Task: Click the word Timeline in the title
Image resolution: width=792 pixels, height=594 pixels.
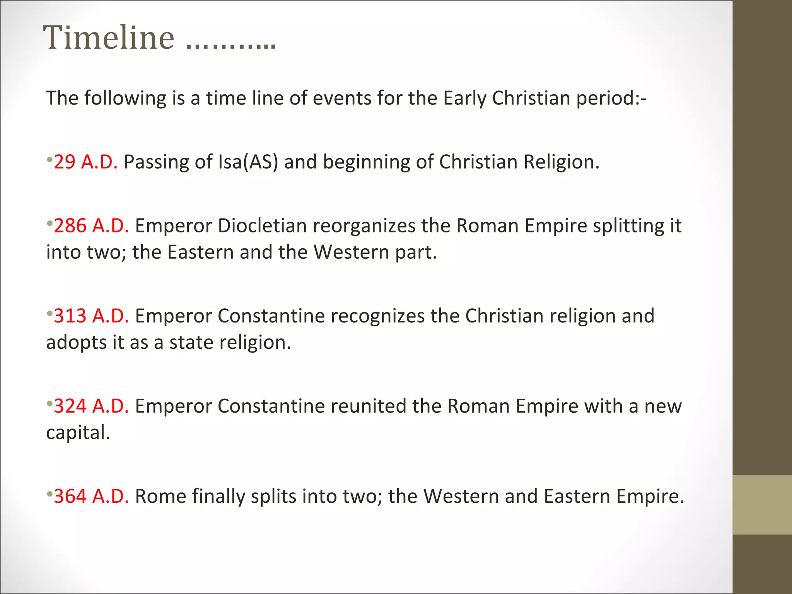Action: [109, 38]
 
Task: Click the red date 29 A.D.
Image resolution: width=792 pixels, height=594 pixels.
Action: [85, 162]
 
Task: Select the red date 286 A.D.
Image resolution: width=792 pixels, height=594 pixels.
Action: [91, 225]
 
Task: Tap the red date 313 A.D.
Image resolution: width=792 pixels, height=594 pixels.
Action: [91, 316]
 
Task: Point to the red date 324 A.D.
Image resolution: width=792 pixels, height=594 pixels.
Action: [91, 406]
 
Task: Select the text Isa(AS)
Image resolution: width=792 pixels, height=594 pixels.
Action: [248, 162]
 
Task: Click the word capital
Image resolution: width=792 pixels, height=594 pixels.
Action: [78, 432]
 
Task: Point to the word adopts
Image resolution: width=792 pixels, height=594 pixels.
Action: [76, 343]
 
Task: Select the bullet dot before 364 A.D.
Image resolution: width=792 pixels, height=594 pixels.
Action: [49, 493]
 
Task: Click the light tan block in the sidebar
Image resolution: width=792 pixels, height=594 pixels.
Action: [762, 505]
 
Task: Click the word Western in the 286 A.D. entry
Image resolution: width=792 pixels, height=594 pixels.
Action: [351, 252]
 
